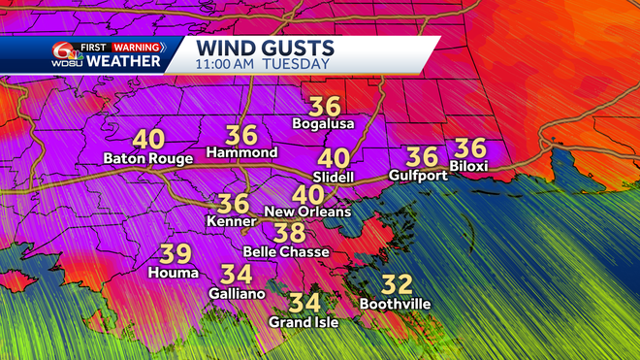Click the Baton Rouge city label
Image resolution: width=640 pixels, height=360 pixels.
pos(148,159)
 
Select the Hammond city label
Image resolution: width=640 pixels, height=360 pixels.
pos(242,153)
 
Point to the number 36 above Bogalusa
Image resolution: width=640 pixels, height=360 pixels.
pos(323,105)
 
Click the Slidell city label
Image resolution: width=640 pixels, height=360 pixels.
pos(335,177)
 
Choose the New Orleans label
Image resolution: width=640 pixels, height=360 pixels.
pos(307,212)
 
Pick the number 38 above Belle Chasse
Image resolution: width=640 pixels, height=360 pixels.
pos(288,233)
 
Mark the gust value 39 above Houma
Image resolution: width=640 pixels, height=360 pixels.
pos(175,254)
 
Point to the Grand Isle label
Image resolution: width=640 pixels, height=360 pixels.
pos(305,322)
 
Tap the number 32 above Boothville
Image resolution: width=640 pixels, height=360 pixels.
pos(397,285)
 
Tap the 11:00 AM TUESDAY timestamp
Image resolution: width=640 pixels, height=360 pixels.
pos(262,64)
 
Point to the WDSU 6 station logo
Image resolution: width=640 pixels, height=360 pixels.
pos(66,54)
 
